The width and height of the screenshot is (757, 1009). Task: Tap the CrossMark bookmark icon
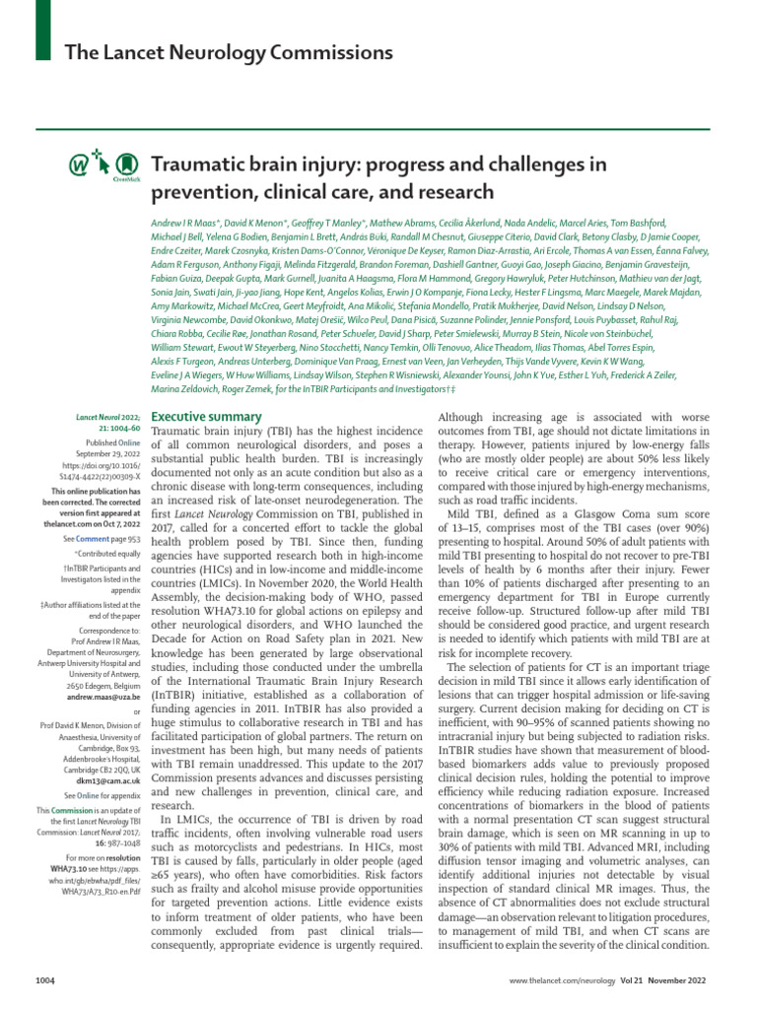124,168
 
